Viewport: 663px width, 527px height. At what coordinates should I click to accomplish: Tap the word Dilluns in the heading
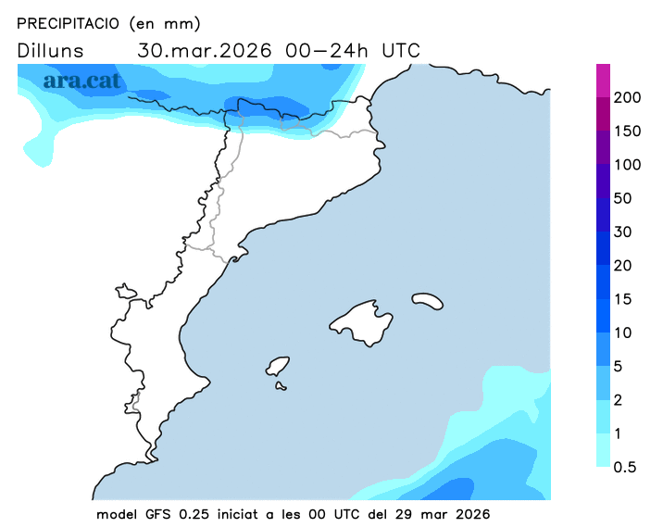(x=51, y=51)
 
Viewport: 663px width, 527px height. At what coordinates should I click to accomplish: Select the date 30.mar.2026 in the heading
(x=205, y=51)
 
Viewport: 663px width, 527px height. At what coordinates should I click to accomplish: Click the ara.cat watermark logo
(x=81, y=81)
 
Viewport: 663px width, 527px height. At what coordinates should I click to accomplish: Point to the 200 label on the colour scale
(x=628, y=98)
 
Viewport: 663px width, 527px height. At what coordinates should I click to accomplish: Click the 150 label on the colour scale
(x=628, y=132)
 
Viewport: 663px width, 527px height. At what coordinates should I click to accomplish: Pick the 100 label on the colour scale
(x=628, y=165)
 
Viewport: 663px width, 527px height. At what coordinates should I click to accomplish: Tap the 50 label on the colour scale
(x=623, y=198)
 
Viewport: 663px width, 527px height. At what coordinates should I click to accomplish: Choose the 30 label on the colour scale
(x=623, y=232)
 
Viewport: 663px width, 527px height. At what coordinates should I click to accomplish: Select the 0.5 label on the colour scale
(x=625, y=467)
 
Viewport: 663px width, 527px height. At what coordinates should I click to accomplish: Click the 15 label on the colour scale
(x=622, y=298)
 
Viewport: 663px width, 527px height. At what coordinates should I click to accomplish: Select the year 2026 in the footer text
(x=471, y=513)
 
